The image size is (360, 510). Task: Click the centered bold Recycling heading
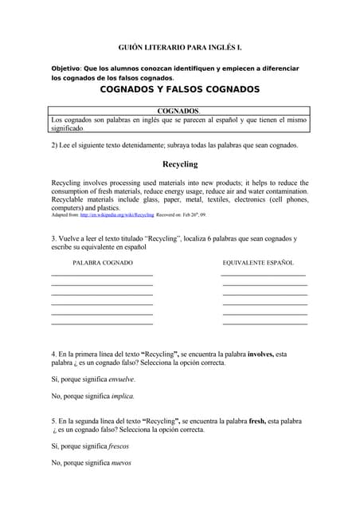click(180, 164)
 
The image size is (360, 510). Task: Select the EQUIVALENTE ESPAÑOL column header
click(258, 262)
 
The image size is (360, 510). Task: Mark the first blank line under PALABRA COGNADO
click(102, 275)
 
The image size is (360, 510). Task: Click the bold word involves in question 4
click(261, 354)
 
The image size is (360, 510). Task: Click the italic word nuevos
click(120, 463)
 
